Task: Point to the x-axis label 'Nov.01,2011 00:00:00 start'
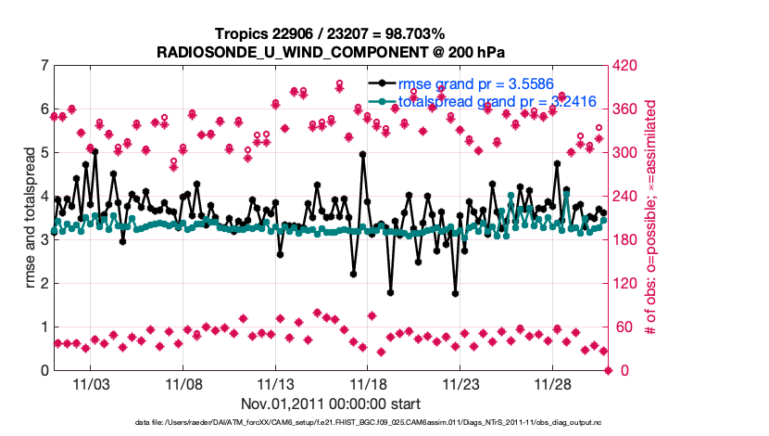coord(331,404)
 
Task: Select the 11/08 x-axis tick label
coord(183,383)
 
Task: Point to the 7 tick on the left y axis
coord(44,66)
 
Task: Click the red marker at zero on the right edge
coord(609,370)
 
